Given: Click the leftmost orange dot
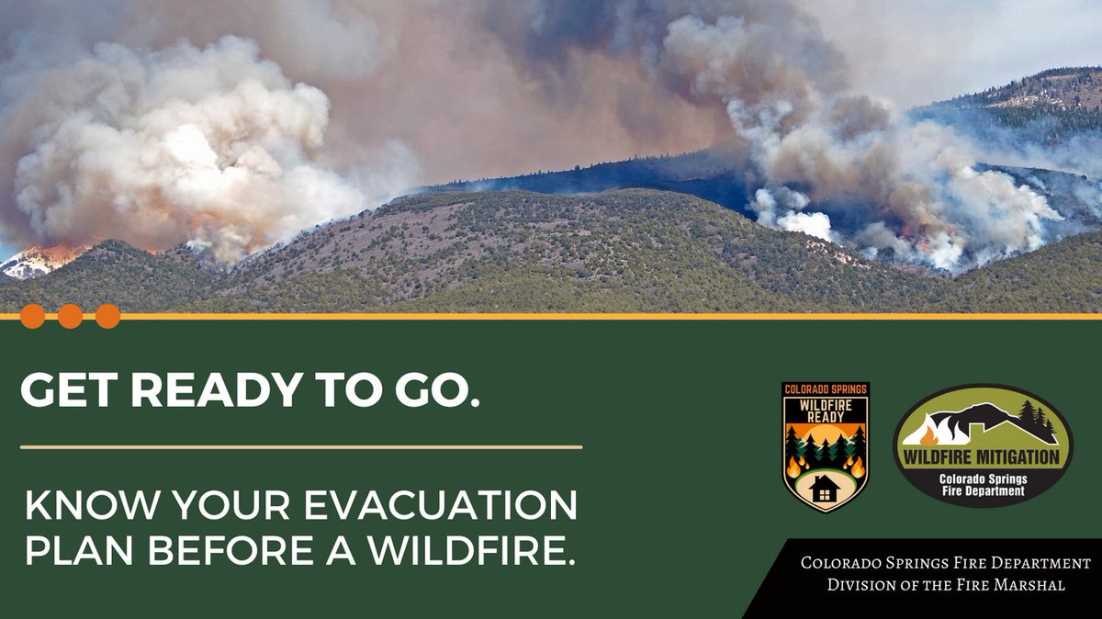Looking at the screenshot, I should coord(32,316).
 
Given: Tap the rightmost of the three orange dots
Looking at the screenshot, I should coord(108,316).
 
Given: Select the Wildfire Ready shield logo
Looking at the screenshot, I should coord(826,446).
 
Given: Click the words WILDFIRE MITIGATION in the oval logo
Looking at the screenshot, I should coord(982,456).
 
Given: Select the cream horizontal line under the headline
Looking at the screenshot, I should coord(301,447).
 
